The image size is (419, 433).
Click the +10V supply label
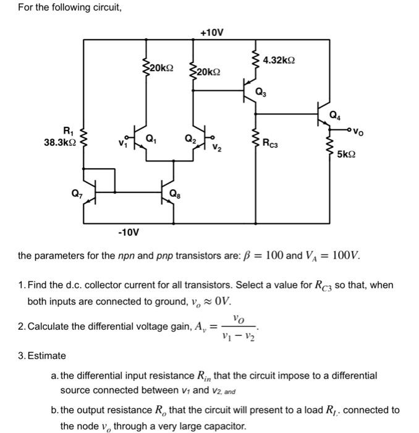point(213,32)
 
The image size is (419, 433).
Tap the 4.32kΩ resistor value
point(279,61)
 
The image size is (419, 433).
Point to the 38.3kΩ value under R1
point(60,142)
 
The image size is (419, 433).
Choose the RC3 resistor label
point(274,144)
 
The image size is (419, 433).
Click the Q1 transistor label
point(150,138)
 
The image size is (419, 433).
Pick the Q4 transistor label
point(334,114)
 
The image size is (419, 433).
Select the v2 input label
point(218,148)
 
